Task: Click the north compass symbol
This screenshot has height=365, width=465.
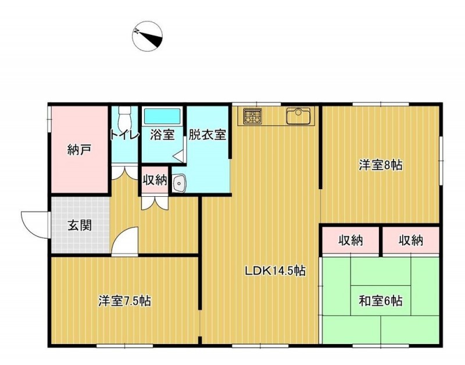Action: click(147, 36)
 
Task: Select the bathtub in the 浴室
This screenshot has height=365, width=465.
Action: click(162, 116)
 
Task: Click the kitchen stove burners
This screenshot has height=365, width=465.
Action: click(253, 116)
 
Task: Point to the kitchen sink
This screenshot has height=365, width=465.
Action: click(298, 116)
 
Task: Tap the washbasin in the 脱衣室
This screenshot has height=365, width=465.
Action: click(179, 183)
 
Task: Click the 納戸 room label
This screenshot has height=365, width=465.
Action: click(79, 150)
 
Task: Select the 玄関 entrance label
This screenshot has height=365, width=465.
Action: click(80, 225)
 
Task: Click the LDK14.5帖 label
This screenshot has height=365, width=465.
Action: click(275, 270)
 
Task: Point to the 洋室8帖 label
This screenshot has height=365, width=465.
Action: click(381, 165)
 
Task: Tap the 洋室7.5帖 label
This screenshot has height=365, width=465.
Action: click(124, 301)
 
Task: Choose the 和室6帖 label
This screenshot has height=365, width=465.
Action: click(381, 301)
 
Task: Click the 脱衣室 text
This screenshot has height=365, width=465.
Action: click(208, 135)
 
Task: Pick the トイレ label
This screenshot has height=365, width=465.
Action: click(124, 136)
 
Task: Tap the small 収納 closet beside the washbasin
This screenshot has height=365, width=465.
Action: click(155, 180)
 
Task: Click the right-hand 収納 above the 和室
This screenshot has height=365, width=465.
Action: click(410, 240)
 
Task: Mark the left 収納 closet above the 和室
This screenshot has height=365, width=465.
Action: click(350, 240)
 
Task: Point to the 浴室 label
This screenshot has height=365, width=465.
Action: click(162, 135)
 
